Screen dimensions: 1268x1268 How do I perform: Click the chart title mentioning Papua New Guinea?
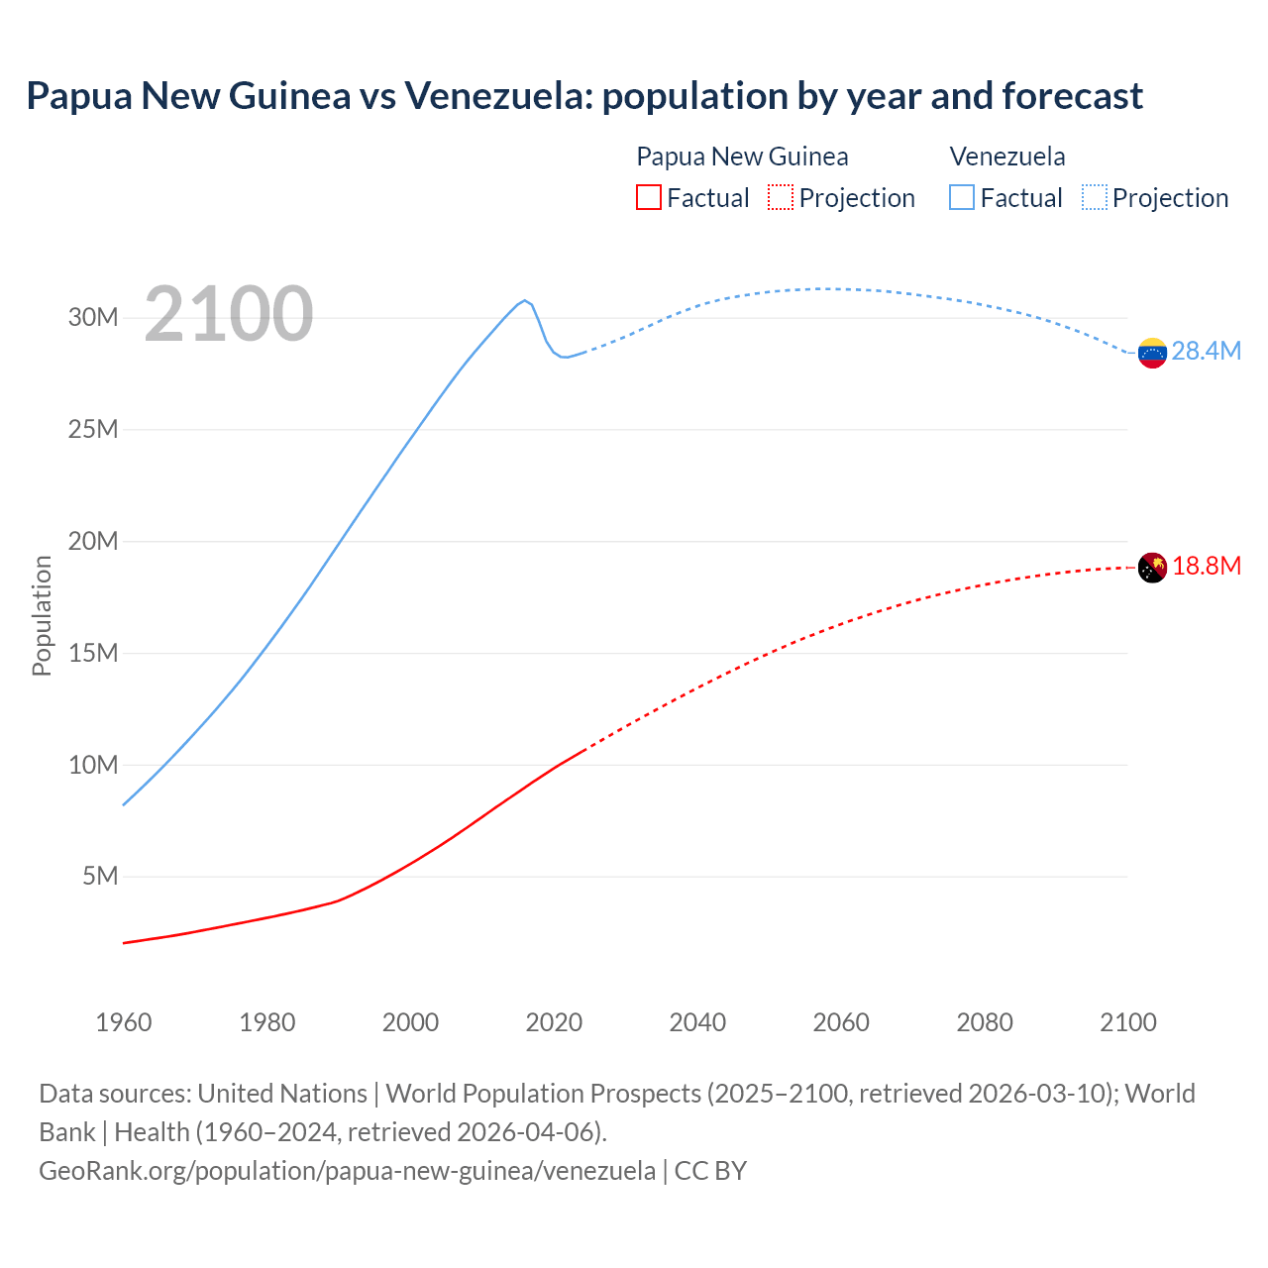(x=584, y=96)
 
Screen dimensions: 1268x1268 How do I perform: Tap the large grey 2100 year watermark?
(x=229, y=315)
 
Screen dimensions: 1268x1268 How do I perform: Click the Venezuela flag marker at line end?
(x=1152, y=353)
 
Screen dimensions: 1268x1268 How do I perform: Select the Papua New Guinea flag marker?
(x=1152, y=568)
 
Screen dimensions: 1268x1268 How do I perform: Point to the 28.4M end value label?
(x=1206, y=352)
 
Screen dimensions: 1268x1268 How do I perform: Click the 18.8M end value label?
(x=1206, y=567)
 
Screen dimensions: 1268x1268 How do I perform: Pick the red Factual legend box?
(x=649, y=197)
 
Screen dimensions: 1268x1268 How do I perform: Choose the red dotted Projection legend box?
(x=781, y=197)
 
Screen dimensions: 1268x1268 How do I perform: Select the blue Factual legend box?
(x=962, y=197)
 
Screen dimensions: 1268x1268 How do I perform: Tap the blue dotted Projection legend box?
(x=1094, y=197)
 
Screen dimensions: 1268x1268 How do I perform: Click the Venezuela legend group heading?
(x=1007, y=157)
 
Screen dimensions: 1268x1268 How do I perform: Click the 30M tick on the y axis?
(x=93, y=318)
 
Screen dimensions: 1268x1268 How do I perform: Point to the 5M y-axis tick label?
(x=100, y=877)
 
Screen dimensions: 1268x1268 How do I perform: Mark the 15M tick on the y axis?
(x=93, y=654)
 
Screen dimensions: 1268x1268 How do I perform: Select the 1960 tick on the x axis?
(x=124, y=1022)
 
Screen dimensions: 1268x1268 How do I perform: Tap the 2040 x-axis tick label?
(x=697, y=1022)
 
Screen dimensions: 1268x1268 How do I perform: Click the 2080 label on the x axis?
(x=985, y=1022)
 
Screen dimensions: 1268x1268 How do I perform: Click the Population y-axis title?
(x=42, y=615)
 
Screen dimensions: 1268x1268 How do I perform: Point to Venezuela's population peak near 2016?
(x=525, y=300)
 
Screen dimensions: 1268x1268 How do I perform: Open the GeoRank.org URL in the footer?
(x=347, y=1171)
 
